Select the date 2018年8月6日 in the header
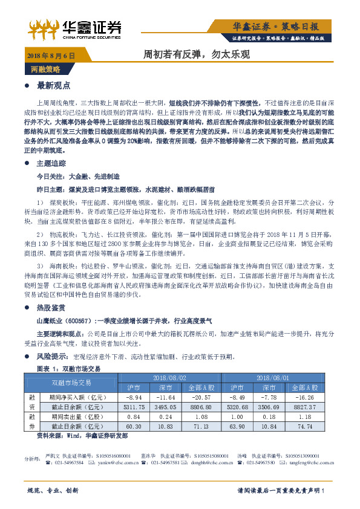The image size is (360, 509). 51,55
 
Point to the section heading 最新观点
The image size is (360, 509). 54,85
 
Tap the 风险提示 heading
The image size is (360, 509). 53,357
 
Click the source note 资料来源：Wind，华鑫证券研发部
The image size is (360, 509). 79,436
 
